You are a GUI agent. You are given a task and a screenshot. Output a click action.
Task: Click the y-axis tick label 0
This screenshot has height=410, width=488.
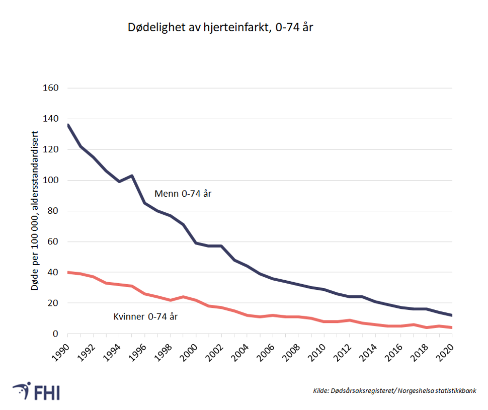[x=56, y=334]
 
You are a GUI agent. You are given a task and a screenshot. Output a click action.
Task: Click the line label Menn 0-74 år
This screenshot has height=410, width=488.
[x=183, y=194]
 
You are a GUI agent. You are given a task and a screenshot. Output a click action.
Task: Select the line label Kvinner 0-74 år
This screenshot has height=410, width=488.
[x=145, y=316]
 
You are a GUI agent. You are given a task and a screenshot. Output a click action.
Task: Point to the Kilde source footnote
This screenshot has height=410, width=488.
[x=394, y=390]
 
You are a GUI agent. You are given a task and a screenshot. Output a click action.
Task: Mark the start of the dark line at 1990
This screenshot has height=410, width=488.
[x=68, y=125]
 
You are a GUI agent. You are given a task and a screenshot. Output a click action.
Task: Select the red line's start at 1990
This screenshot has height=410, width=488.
[x=68, y=272]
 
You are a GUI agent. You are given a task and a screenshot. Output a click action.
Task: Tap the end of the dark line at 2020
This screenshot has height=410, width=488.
[x=452, y=315]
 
